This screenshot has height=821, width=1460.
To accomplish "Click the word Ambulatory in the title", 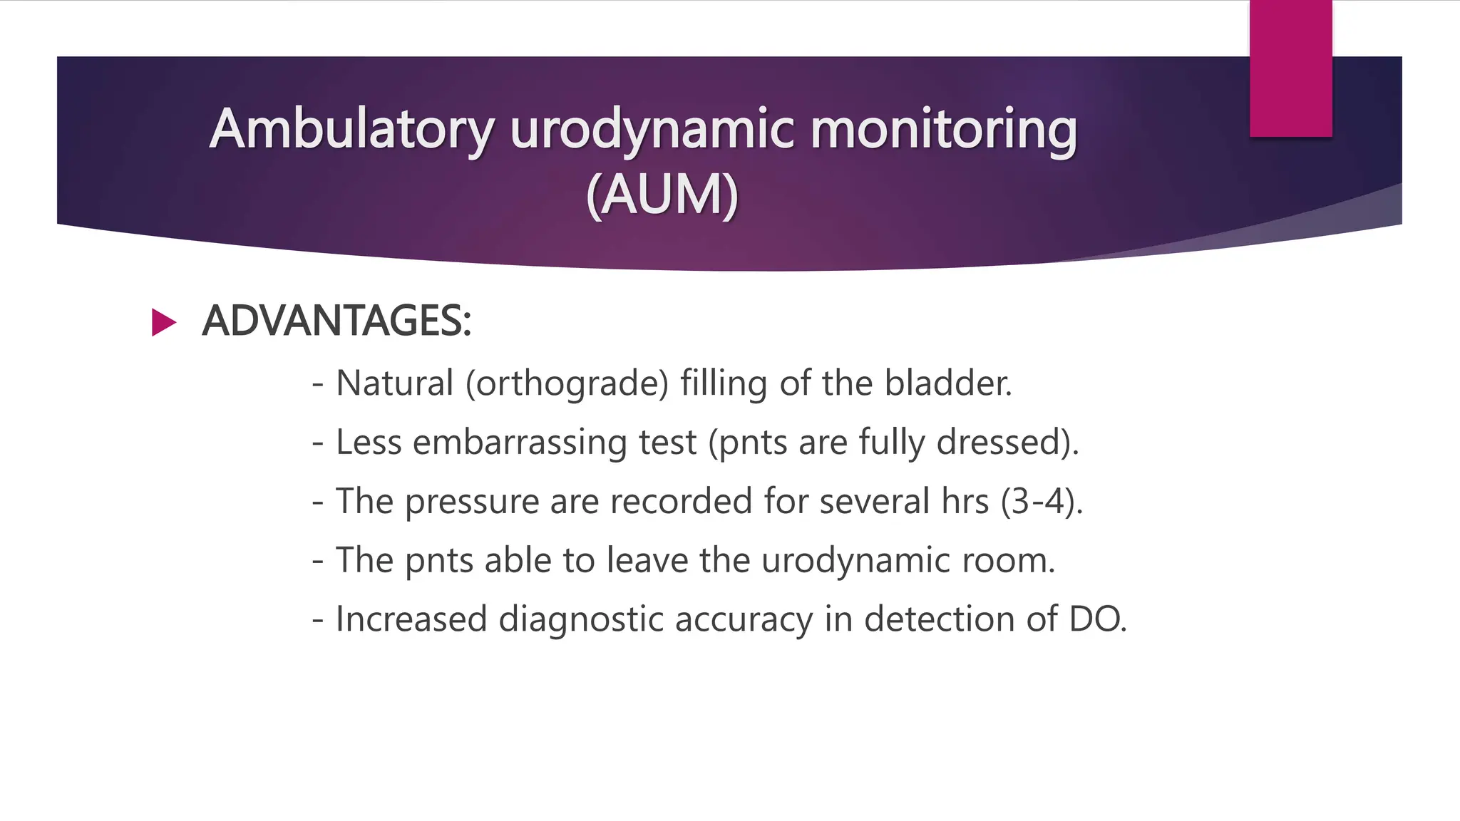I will point(351,130).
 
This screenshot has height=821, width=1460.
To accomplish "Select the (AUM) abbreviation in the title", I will point(662,195).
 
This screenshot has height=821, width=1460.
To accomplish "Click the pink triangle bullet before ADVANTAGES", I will point(163,322).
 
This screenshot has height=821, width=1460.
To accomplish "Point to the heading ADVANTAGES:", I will point(336,321).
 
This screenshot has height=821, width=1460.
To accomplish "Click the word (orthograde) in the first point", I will point(567,383).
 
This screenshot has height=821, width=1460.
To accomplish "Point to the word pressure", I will point(471,502).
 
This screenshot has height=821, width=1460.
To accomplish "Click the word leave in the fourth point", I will point(647,560).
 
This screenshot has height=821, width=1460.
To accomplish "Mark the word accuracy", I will point(744,619).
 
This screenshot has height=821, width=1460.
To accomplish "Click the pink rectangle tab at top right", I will point(1290,68).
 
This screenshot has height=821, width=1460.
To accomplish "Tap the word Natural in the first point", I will point(394,383).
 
